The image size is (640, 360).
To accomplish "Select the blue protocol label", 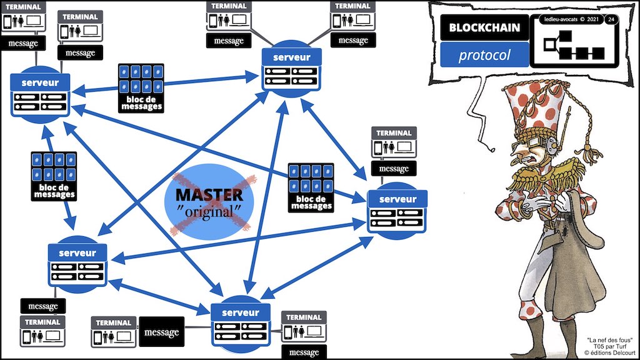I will tap(484, 55).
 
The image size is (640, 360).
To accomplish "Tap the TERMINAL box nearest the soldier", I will tap(394, 142).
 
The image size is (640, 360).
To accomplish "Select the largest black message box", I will tap(161, 332).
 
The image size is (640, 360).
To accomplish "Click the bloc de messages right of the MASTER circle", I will tap(311, 186).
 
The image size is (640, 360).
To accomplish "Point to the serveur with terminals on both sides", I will tap(241, 321).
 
